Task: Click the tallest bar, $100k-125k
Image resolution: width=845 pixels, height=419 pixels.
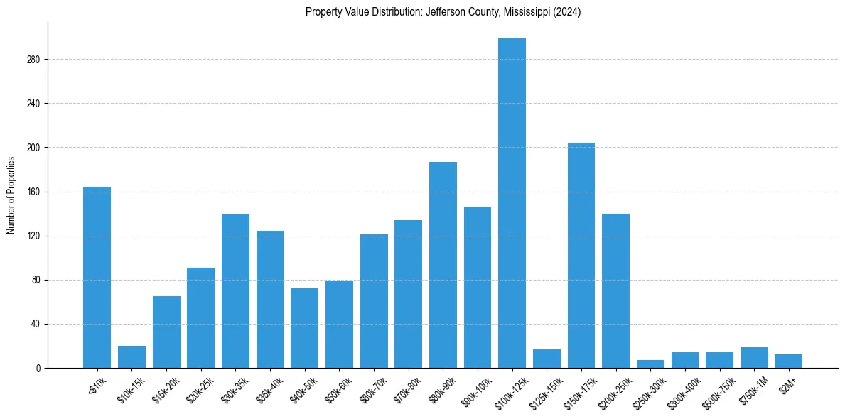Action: [512, 203]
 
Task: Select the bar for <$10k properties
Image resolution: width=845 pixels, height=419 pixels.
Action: [97, 277]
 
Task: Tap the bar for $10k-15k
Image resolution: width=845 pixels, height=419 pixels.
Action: [131, 357]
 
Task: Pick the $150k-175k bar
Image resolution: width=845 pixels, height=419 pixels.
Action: [581, 256]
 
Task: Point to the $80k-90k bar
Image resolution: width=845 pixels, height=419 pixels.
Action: [443, 265]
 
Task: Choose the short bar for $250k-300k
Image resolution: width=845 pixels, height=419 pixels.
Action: [650, 364]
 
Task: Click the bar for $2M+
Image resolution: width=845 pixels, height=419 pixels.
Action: [788, 361]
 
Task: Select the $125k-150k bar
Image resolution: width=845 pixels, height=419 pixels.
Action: [547, 359]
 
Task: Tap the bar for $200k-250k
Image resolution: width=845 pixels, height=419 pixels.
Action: [615, 291]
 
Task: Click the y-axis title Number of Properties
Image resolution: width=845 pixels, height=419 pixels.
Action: [11, 195]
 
